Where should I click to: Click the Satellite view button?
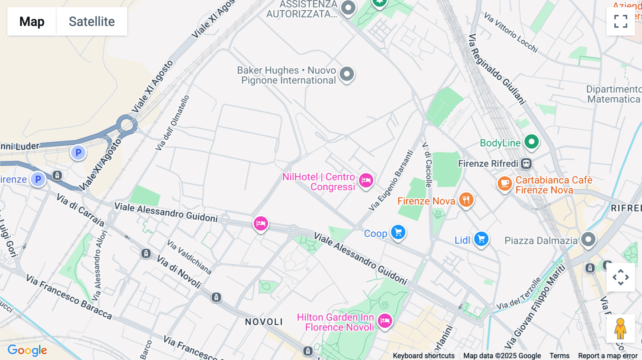(x=92, y=21)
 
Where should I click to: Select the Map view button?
(x=32, y=21)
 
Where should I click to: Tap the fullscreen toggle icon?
(x=621, y=21)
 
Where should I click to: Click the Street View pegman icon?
(x=620, y=329)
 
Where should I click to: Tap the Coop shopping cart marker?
(x=398, y=232)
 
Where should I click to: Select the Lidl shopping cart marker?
(x=481, y=239)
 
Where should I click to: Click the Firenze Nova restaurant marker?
(x=466, y=200)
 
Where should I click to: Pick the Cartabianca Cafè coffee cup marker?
(x=505, y=183)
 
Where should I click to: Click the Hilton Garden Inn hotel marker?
(x=385, y=321)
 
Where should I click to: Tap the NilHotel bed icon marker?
(x=366, y=180)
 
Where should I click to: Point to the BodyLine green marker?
(x=531, y=142)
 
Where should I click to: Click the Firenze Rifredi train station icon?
(x=526, y=164)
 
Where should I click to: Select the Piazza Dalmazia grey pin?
(x=588, y=239)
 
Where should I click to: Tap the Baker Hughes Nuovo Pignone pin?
(x=347, y=74)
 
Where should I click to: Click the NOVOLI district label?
(x=264, y=322)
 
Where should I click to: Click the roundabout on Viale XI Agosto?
(x=126, y=125)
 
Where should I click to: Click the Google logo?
(x=27, y=350)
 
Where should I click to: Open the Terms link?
(x=559, y=355)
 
